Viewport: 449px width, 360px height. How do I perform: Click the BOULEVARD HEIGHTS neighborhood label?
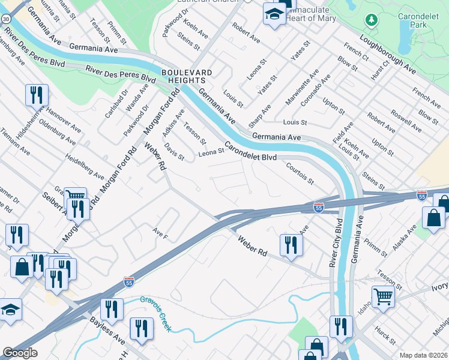187,77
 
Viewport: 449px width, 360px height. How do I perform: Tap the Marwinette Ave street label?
302,87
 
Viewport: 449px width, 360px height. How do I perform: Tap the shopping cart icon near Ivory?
383,296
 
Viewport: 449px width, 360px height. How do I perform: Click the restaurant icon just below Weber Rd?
291,244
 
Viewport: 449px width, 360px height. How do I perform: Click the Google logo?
20,353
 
